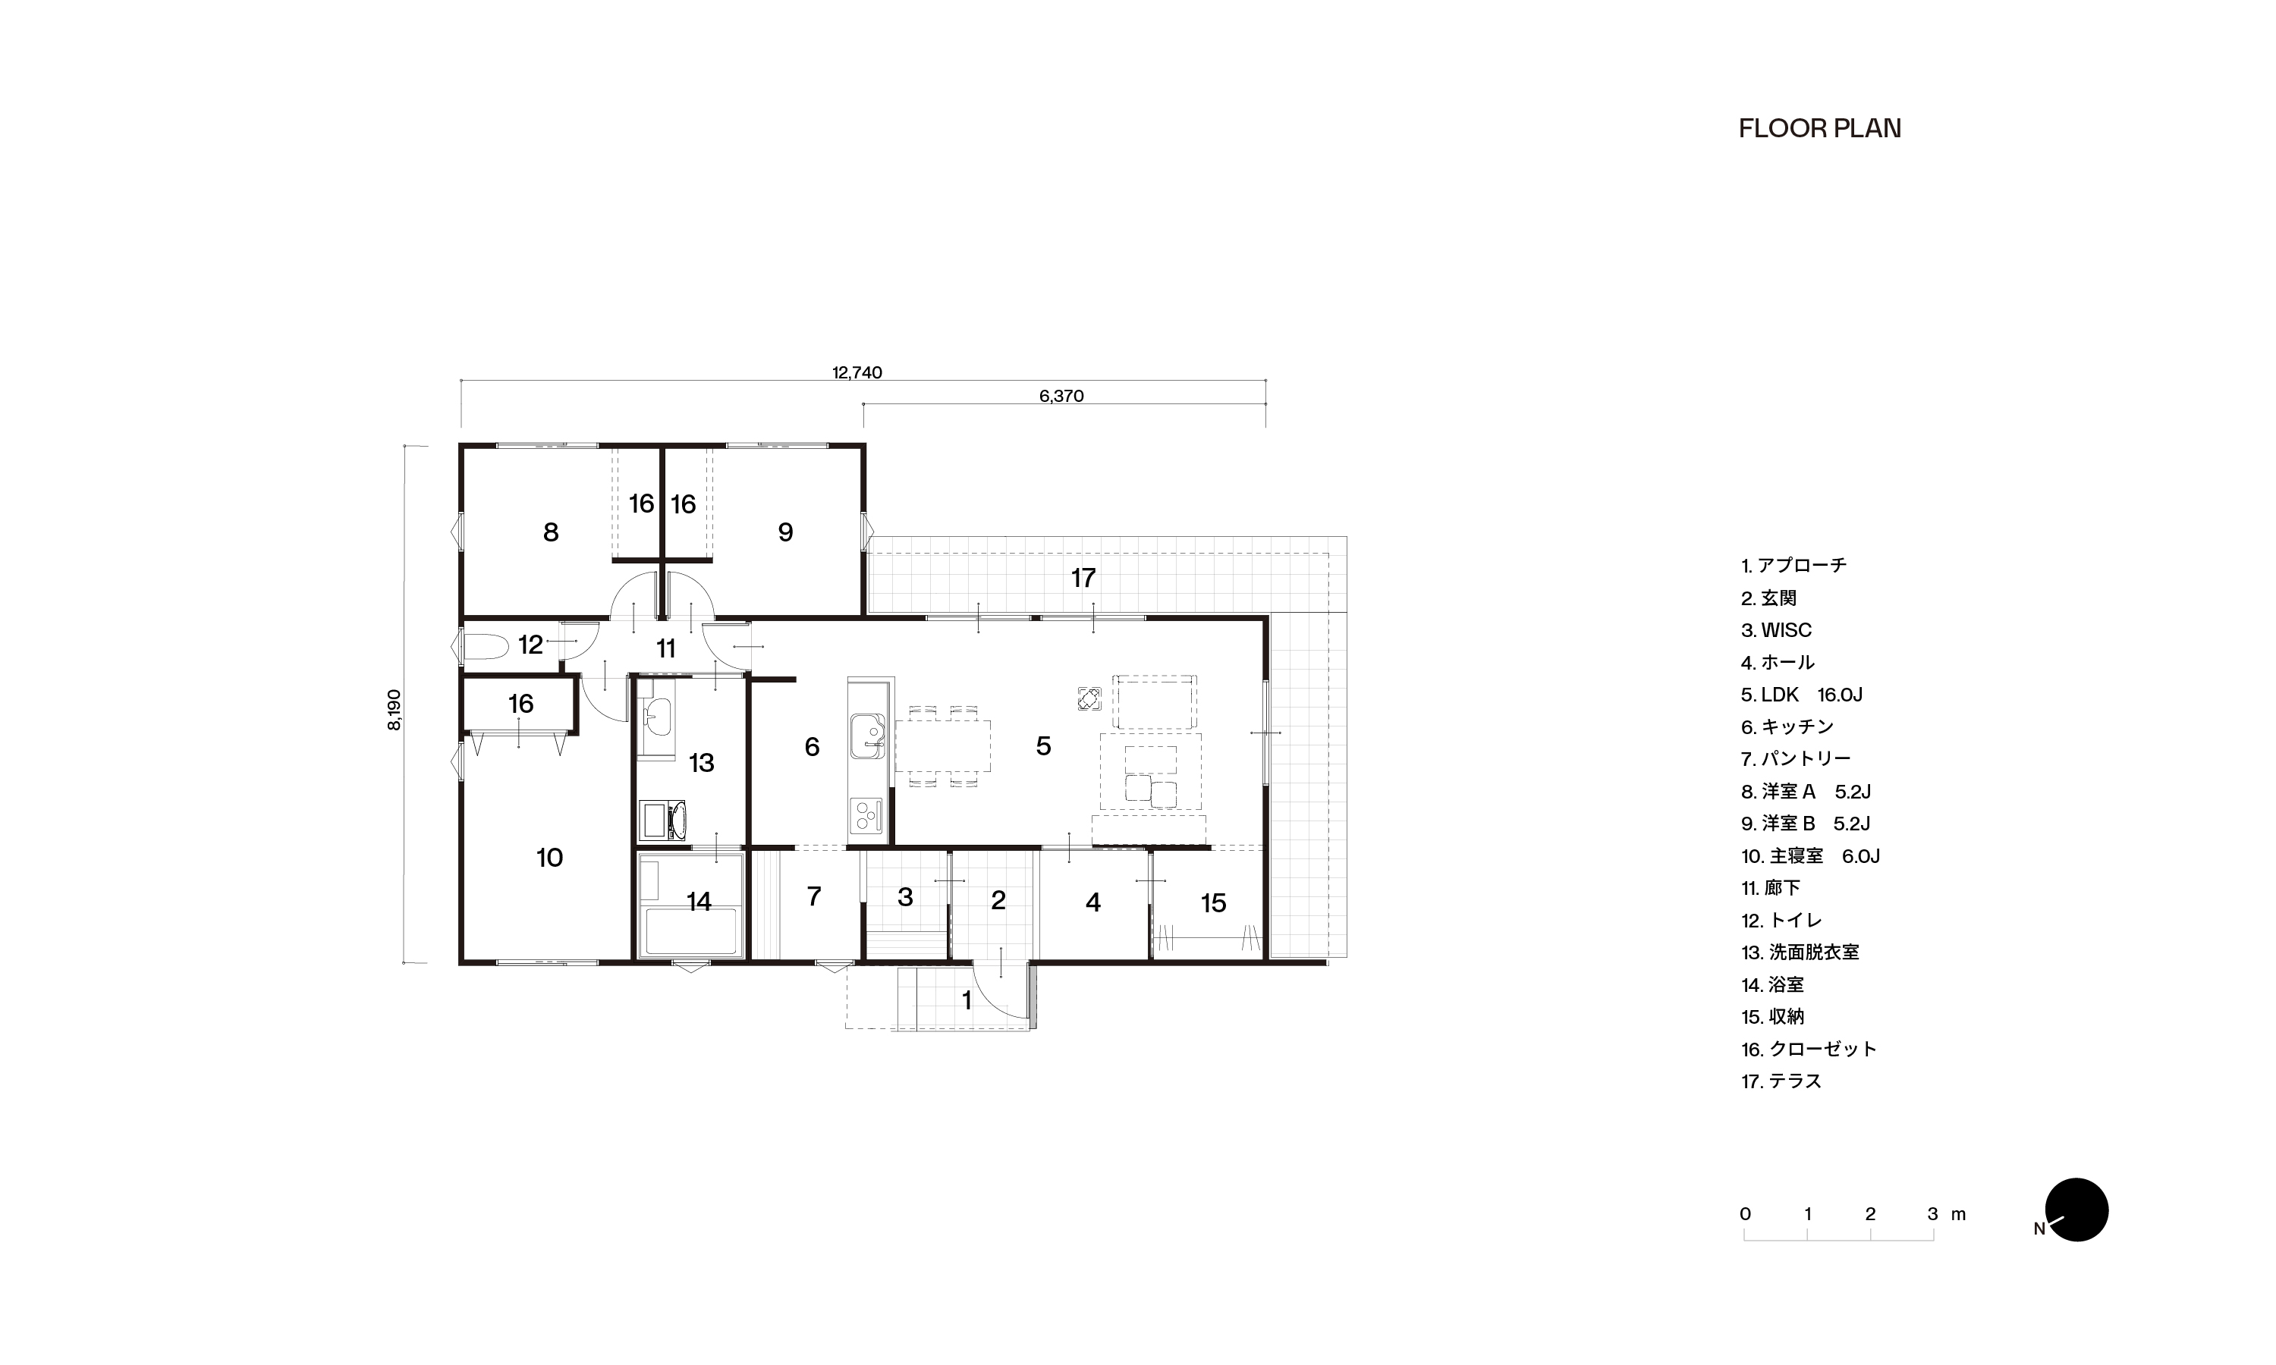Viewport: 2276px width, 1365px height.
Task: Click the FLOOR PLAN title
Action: pyautogui.click(x=1819, y=129)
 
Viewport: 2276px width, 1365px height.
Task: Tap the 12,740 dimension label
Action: pyautogui.click(x=857, y=372)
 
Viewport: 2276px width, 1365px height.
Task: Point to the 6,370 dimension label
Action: pyautogui.click(x=1061, y=397)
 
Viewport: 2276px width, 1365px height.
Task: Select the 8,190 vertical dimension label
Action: pyautogui.click(x=395, y=710)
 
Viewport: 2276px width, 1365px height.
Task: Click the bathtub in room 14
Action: pyautogui.click(x=693, y=932)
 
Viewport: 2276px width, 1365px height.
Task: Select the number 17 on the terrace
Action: pyautogui.click(x=1083, y=579)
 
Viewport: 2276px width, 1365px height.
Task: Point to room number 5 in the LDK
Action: pyautogui.click(x=1043, y=746)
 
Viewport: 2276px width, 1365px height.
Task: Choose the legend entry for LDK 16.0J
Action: pyautogui.click(x=1801, y=695)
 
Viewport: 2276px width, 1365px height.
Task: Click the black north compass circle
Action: pyautogui.click(x=2076, y=1210)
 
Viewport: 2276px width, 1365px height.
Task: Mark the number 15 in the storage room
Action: pyautogui.click(x=1212, y=903)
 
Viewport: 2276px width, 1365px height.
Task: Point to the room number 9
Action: pyautogui.click(x=784, y=532)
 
